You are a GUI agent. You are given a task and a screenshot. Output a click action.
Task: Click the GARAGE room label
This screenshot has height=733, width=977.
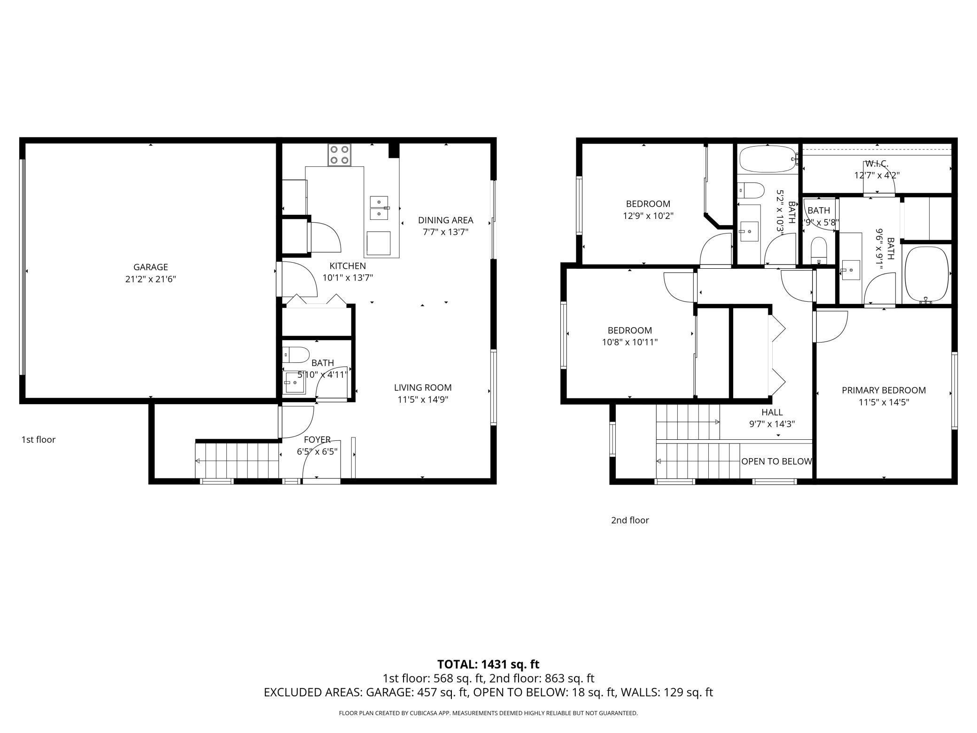(150, 267)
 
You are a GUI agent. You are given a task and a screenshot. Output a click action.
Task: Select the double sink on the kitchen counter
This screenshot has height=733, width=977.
(380, 208)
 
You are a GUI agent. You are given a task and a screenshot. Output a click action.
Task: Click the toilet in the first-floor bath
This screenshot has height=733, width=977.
(295, 354)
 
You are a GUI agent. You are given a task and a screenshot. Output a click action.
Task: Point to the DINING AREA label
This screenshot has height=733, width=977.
(445, 220)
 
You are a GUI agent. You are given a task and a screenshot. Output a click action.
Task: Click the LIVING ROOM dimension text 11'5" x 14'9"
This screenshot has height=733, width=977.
(423, 400)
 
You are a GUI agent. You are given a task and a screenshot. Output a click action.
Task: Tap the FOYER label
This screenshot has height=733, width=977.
(317, 440)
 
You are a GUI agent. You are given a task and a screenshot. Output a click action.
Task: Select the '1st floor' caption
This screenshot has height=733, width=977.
(39, 440)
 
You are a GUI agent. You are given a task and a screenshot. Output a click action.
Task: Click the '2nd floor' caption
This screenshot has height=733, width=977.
(630, 520)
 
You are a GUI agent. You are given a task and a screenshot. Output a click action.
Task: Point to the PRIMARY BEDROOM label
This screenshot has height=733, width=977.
(884, 390)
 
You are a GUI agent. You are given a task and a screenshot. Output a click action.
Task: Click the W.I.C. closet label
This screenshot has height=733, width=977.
(877, 164)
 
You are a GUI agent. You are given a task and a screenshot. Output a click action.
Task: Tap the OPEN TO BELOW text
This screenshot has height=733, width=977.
(776, 461)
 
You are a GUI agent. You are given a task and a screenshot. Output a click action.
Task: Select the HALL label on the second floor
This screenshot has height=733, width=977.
(772, 412)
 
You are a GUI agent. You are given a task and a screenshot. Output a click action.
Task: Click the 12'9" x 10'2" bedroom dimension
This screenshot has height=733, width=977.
(648, 216)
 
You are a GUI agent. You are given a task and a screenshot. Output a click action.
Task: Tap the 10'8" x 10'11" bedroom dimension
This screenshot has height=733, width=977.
(629, 343)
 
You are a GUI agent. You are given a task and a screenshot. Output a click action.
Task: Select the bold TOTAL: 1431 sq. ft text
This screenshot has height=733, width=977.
(488, 664)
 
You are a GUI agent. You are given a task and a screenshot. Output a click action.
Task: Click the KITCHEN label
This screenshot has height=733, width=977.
(348, 266)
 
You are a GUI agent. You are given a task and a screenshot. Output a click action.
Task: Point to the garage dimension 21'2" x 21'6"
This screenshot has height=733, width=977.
(150, 279)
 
